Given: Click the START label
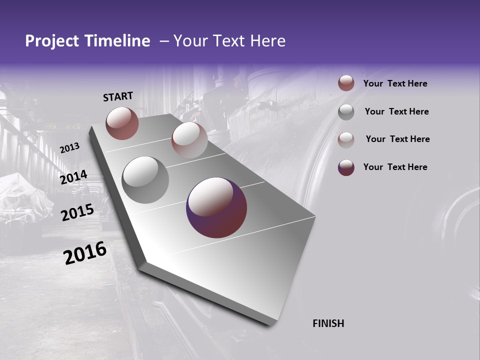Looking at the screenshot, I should click(x=118, y=96).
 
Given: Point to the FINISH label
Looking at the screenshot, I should click(x=328, y=323).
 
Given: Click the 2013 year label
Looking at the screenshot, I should click(x=69, y=148).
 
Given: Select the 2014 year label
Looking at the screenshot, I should click(x=73, y=177).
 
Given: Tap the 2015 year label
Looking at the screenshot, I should click(x=77, y=212).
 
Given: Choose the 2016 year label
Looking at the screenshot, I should click(x=85, y=253).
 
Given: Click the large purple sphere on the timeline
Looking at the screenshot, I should click(x=216, y=208).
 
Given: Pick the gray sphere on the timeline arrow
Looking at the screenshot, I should click(x=145, y=180).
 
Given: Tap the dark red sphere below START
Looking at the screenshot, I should click(x=122, y=123).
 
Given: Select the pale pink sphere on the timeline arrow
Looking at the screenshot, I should click(x=189, y=140).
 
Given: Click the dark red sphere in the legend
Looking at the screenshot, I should click(x=346, y=83).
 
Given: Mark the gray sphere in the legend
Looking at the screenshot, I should click(x=346, y=112).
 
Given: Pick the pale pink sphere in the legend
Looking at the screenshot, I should click(x=346, y=139).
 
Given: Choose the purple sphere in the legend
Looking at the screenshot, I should click(x=346, y=167).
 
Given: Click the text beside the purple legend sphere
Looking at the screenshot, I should click(x=395, y=167).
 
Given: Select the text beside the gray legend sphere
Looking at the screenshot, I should click(x=396, y=111).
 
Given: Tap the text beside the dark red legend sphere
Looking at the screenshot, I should click(x=395, y=83).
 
